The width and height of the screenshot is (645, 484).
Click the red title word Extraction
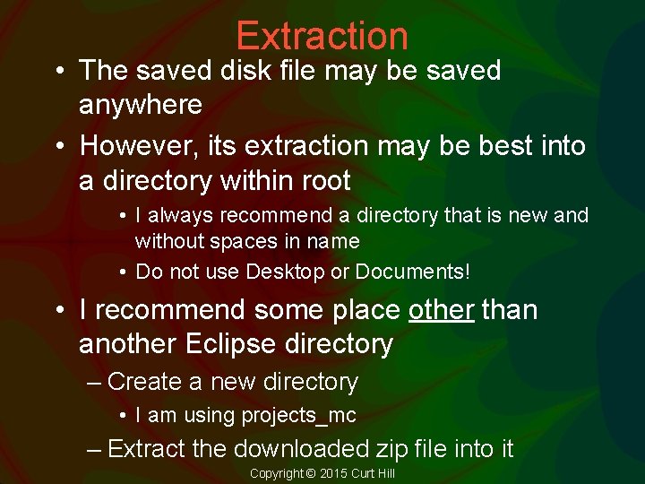click(x=322, y=36)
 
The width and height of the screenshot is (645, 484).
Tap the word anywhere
click(x=141, y=105)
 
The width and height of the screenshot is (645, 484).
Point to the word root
click(x=324, y=181)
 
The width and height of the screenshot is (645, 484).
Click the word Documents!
click(x=413, y=272)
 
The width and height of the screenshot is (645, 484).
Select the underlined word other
click(x=441, y=310)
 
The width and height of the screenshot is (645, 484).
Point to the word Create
click(x=144, y=382)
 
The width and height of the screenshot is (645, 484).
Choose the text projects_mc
click(x=298, y=416)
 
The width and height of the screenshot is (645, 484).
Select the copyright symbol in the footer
click(x=311, y=473)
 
